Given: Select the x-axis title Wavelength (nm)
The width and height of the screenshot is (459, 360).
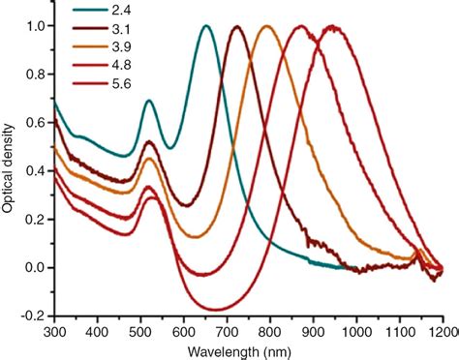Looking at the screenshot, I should pos(249,350).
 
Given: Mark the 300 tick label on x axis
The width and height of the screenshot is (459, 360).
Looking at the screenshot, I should pos(53,332).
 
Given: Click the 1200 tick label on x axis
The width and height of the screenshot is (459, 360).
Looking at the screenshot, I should pos(444,332).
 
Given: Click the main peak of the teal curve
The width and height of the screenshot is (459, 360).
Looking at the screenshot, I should pos(205,26).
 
